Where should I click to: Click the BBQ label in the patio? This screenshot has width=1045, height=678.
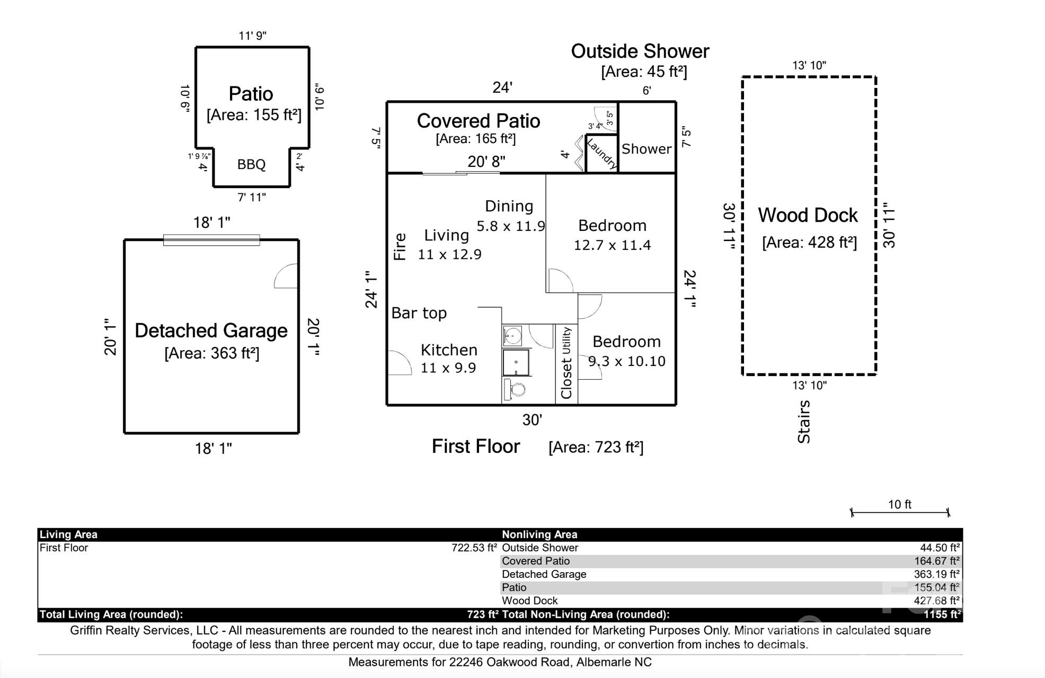click(251, 165)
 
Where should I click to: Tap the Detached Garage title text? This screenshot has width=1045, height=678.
click(211, 331)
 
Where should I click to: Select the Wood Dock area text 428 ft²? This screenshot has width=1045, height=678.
click(809, 243)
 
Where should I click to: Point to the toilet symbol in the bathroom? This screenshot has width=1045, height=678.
click(515, 390)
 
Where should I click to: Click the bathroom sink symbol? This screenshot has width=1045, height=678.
click(512, 335)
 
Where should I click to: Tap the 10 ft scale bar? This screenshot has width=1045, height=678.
click(899, 512)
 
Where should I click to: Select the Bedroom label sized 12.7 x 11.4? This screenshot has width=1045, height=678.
click(612, 226)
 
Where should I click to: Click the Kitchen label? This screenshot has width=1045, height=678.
click(449, 350)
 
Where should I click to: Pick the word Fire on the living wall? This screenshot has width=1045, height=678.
click(400, 246)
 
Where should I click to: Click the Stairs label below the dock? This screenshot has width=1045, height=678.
click(804, 422)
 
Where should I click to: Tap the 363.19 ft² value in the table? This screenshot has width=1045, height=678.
click(936, 574)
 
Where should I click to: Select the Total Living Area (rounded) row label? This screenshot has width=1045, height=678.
click(111, 614)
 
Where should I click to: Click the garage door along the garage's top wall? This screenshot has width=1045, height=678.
click(211, 240)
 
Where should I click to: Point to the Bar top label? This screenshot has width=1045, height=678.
click(419, 313)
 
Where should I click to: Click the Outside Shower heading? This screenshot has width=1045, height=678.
click(640, 51)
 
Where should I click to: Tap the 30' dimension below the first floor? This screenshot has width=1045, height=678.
click(532, 420)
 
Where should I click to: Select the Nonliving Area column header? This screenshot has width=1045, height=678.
click(539, 534)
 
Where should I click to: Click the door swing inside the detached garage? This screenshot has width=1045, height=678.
click(287, 276)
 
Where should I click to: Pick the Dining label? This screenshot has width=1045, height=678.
click(509, 206)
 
